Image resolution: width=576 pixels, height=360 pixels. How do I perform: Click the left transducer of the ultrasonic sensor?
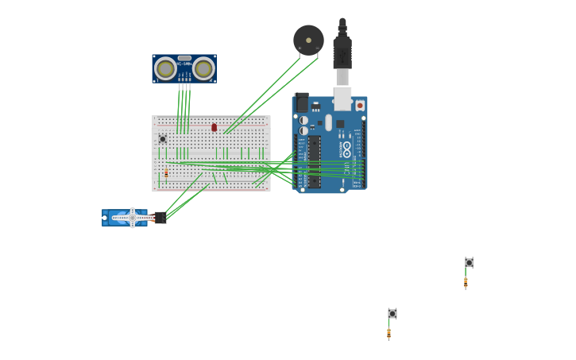click(165, 68)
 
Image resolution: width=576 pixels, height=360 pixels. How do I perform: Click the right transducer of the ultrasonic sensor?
click(203, 68)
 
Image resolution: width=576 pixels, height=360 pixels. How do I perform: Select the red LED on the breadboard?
click(214, 127)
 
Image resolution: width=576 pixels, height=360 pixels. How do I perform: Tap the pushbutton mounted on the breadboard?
click(163, 139)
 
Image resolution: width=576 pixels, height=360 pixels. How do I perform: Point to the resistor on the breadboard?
click(166, 172)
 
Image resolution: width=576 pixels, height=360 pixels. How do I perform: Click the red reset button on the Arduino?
click(360, 105)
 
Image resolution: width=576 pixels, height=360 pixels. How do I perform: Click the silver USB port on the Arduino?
click(342, 98)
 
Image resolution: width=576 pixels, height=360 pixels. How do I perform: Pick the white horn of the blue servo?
click(132, 217)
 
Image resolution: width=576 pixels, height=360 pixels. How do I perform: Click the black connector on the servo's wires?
click(160, 217)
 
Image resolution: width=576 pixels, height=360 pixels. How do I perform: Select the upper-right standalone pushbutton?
click(470, 262)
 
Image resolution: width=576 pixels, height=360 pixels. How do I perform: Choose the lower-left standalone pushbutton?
click(392, 313)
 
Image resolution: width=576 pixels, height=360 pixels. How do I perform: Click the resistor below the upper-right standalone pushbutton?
click(466, 281)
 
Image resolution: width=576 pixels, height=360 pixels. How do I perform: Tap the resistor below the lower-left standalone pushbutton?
click(389, 333)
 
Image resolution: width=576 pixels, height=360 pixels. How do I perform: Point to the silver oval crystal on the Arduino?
click(328, 122)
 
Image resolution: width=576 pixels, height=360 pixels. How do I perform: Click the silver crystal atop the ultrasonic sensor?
click(184, 58)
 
